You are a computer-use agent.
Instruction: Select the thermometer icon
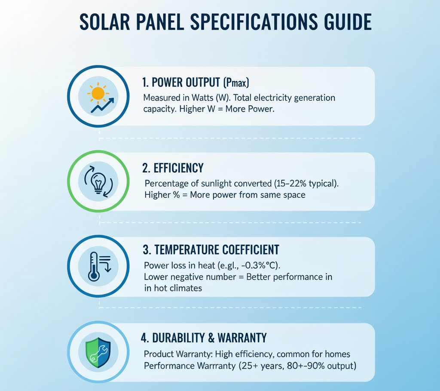coord(94,266)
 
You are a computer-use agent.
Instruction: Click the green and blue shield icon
coord(98,352)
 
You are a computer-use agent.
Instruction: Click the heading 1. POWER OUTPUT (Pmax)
coord(195,82)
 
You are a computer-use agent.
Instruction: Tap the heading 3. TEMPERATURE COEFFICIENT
coord(211,249)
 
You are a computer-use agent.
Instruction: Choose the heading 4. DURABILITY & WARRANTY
coord(204,338)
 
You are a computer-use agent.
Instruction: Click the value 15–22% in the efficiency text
coord(292,184)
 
